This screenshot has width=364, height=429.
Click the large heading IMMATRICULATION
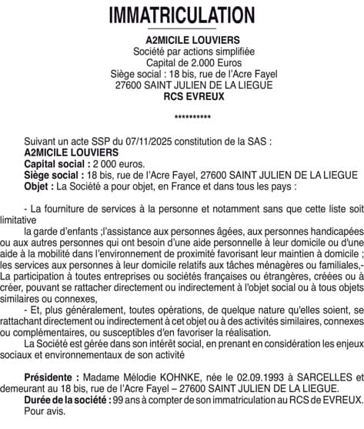[182, 15]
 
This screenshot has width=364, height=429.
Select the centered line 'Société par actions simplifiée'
[182, 50]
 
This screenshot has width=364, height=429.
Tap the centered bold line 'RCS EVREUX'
[182, 96]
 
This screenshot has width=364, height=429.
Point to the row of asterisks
[182, 119]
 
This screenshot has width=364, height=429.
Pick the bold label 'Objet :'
[39, 186]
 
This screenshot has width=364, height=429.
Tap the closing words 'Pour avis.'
[45, 411]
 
